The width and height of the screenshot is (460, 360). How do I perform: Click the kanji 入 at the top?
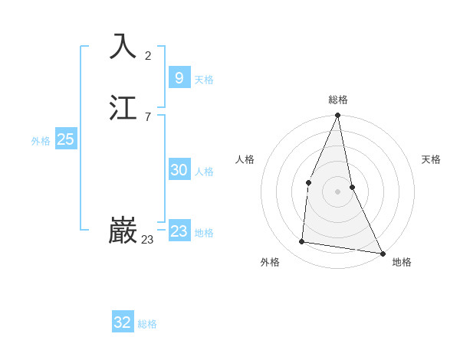coord(123,46)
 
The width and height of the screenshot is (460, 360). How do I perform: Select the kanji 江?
coord(123,108)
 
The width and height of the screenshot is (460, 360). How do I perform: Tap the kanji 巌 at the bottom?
coord(123,231)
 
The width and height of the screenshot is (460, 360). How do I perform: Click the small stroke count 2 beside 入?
coord(148,55)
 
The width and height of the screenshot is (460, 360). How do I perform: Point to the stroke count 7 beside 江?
coord(148,116)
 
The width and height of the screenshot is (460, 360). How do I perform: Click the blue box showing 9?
coord(179,77)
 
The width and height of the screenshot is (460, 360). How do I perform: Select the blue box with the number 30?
coord(179,170)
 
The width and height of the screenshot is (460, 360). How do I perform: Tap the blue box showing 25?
coord(65,139)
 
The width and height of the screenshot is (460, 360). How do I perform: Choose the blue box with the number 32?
coord(123,322)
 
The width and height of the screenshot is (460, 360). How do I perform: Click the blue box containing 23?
coord(179,231)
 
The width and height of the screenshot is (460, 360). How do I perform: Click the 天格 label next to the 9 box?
coord(204,80)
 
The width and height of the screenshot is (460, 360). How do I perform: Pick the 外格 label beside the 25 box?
coord(41,141)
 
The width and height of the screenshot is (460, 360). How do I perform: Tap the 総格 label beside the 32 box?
coord(147,324)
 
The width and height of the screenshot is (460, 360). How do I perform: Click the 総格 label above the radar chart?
coord(338,100)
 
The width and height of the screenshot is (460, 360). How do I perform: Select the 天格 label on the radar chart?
coord(431,159)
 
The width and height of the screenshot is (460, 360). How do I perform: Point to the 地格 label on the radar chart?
coord(402,262)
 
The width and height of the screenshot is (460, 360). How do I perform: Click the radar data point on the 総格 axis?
coord(337,116)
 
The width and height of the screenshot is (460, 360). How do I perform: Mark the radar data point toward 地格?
coord(382,253)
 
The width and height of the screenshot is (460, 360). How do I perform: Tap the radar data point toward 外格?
coord(302,242)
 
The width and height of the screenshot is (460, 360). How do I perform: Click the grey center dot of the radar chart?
coord(337,191)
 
